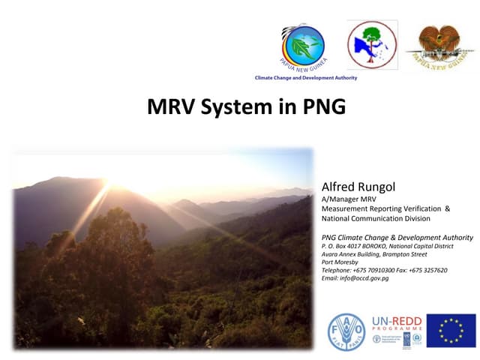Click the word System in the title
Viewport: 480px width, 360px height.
click(242, 107)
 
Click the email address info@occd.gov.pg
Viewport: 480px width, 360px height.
click(355, 278)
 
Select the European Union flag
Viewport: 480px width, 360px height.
click(451, 331)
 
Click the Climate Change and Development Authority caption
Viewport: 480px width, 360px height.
click(306, 78)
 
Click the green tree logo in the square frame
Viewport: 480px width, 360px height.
click(372, 45)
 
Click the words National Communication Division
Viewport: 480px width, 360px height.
click(376, 218)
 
